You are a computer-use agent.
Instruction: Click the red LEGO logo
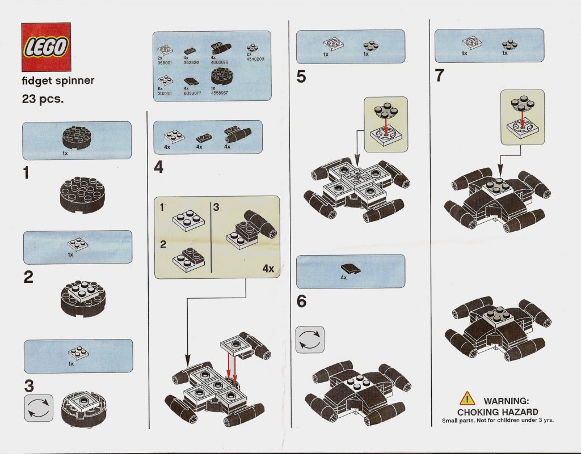pos(46,48)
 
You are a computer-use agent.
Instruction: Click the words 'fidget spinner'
pos(58,81)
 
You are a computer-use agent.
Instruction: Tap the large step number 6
pos(301,302)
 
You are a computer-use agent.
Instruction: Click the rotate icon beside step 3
pos(39,408)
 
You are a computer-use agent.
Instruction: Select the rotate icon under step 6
pos(310,340)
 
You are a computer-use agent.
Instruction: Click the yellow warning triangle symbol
pos(467,398)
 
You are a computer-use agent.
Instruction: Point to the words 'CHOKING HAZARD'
pos(497,412)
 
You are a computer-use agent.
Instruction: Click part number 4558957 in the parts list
pos(219,93)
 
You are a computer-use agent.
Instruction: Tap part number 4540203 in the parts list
pos(256,58)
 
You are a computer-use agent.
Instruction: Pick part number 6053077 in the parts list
pos(192,93)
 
